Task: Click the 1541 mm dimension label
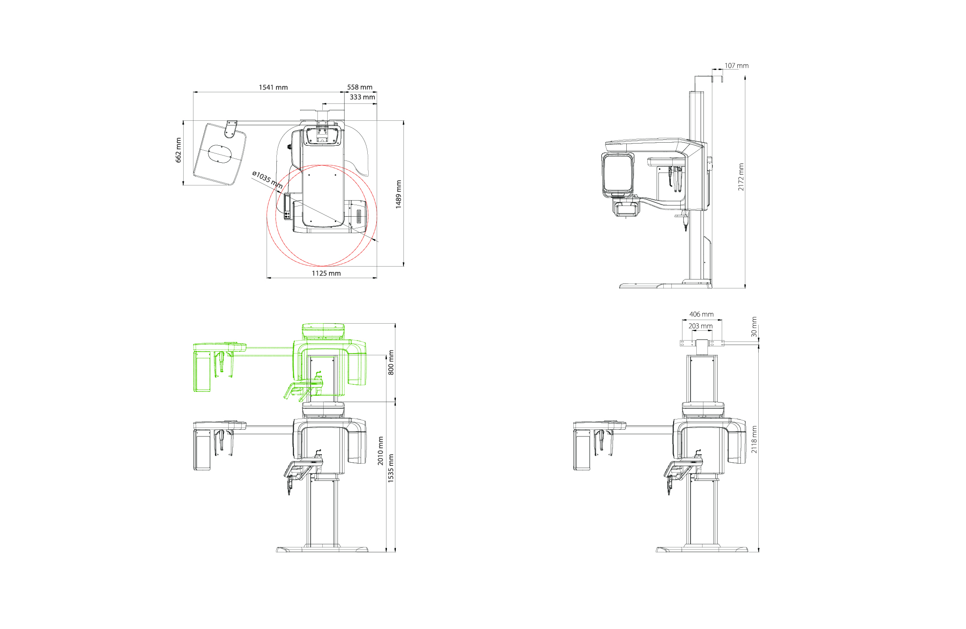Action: [273, 87]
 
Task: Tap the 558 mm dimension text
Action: [360, 87]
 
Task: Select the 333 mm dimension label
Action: [362, 97]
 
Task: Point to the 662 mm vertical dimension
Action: [179, 150]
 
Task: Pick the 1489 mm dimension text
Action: [399, 194]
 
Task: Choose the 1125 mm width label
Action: [326, 273]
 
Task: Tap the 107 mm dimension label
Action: [736, 66]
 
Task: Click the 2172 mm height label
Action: [741, 177]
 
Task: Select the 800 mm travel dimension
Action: [391, 362]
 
